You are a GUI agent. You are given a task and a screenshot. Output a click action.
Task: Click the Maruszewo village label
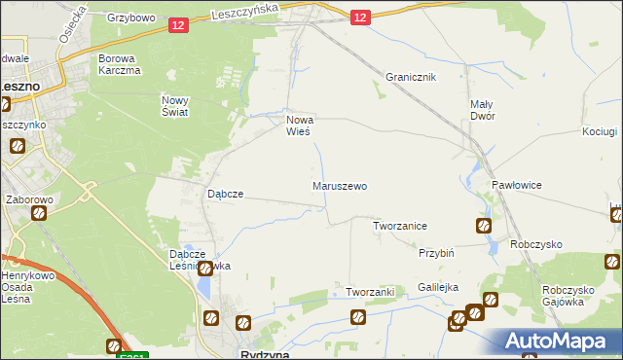coord(340,185)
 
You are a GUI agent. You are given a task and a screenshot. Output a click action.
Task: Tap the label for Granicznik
coord(410,77)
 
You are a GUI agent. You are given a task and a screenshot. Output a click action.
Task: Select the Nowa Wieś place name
coord(298,126)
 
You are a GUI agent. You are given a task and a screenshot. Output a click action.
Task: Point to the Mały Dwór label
coord(482,110)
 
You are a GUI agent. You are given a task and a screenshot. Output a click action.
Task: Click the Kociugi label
coord(600,131)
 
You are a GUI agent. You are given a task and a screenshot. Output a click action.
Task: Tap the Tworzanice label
coord(400,226)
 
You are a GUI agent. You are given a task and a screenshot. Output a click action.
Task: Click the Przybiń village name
coord(437,253)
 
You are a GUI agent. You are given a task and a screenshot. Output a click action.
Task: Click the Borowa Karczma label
coord(120,64)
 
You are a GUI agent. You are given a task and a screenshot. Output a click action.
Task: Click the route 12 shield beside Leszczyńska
coord(177,25)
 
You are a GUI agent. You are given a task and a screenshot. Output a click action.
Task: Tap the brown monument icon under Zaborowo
coord(39,213)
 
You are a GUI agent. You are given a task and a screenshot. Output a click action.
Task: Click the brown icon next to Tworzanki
coord(358,317)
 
